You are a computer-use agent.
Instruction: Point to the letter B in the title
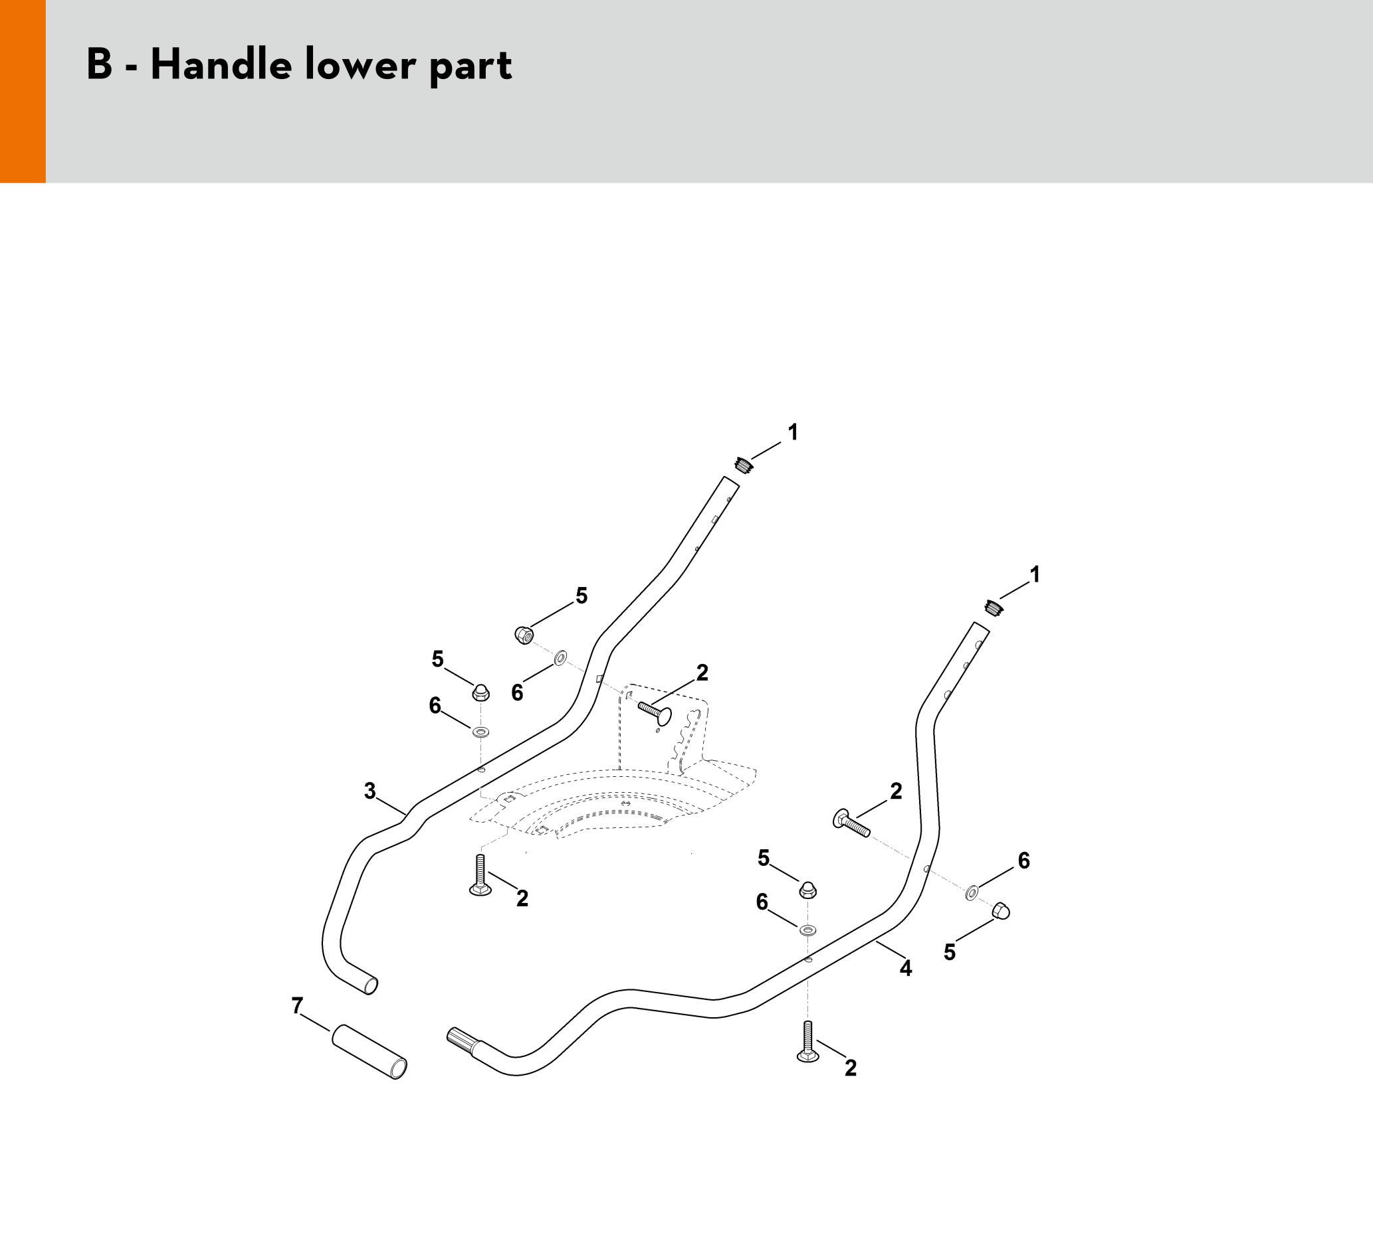tap(99, 65)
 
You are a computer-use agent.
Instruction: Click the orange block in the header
tap(23, 91)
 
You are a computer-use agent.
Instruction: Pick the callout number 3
tap(370, 791)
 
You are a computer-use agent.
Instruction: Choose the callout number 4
tap(905, 969)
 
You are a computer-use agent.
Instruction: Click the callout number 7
tap(297, 1006)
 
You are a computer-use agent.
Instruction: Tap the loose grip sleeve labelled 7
tap(370, 1051)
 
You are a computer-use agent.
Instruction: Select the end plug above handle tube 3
tap(744, 466)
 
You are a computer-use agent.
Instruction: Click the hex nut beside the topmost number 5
tap(524, 635)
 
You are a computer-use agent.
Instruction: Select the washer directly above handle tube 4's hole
tap(807, 929)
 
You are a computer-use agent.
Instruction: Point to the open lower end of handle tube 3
tap(371, 985)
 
